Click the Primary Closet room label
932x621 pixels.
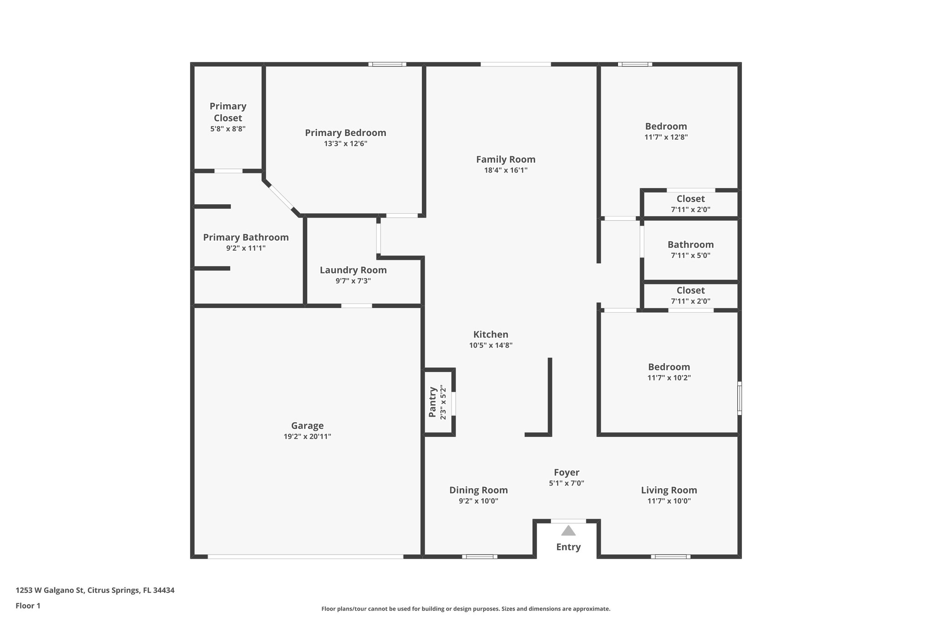coord(228,112)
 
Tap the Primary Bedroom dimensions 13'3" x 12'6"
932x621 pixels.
coord(345,144)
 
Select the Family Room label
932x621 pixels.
coord(506,159)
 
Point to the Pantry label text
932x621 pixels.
coord(433,402)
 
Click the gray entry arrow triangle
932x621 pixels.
coord(568,530)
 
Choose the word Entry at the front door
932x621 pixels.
coord(568,547)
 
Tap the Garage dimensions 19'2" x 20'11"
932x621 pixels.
coord(307,437)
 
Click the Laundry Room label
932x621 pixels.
coord(353,270)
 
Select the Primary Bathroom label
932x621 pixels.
coord(246,237)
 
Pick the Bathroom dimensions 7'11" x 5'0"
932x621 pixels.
coord(690,256)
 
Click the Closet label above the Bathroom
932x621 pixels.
coord(690,199)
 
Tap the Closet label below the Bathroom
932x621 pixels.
coord(690,290)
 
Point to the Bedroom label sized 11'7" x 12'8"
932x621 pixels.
coord(666,126)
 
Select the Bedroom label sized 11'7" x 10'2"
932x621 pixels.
coord(669,367)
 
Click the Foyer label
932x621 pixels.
coord(567,472)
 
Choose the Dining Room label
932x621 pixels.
coord(478,490)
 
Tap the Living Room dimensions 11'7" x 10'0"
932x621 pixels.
coord(669,501)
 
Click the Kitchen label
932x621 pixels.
coord(491,334)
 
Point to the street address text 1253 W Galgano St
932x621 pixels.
coord(95,590)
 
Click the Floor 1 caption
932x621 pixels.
coord(28,606)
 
